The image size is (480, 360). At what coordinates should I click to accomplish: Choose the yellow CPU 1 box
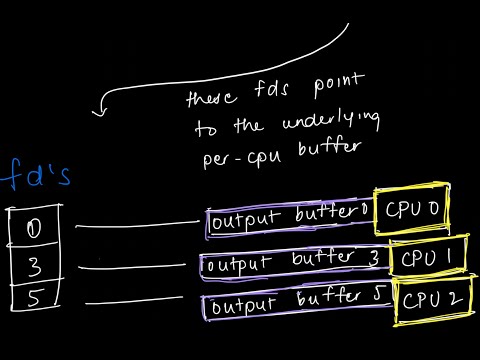425,257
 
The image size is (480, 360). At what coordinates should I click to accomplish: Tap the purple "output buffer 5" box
296,304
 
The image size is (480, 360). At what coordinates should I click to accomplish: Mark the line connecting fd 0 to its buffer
135,227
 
